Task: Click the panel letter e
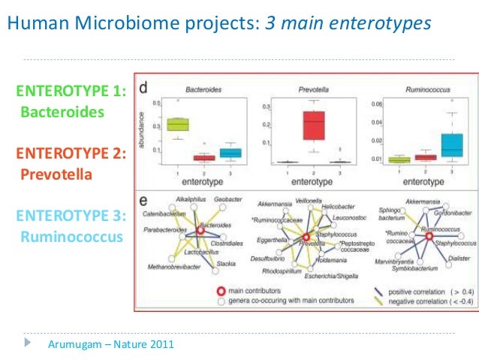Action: tap(142, 201)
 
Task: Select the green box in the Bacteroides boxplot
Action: tap(177, 124)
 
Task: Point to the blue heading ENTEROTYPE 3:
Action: tap(71, 216)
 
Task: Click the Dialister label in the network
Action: tap(459, 257)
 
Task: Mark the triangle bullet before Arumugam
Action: tap(29, 344)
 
